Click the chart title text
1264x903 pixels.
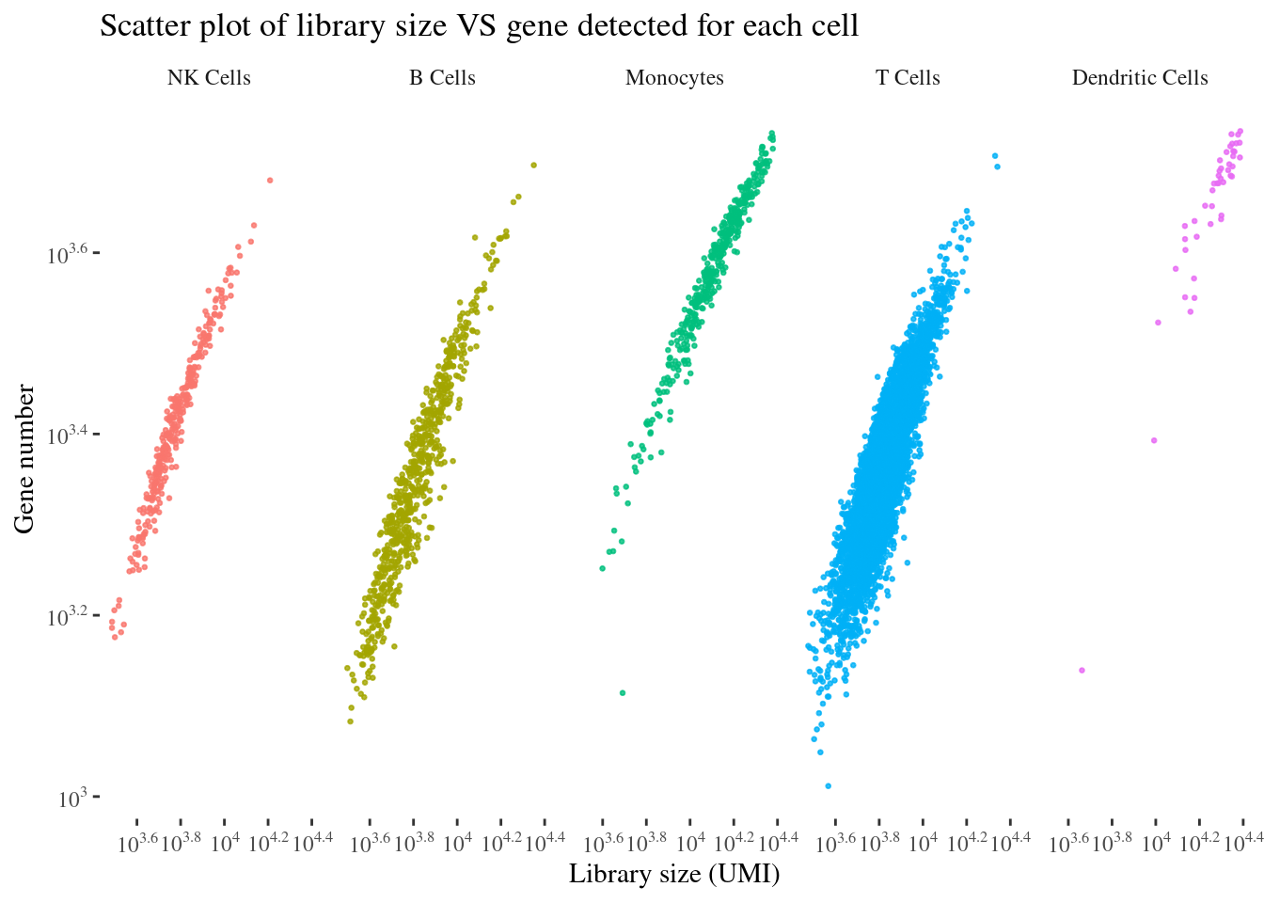[479, 26]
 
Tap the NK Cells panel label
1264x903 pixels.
[209, 78]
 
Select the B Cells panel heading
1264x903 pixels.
[442, 78]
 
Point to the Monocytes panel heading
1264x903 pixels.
[674, 78]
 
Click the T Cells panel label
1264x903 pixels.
[908, 78]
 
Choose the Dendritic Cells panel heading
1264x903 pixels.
[1140, 78]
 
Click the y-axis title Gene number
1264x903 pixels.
[25, 458]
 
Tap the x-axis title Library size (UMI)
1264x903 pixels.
[674, 875]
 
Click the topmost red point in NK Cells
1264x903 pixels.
[270, 180]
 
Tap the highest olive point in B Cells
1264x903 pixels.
[533, 165]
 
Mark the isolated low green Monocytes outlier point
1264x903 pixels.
[623, 693]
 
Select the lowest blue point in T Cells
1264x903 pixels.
[828, 785]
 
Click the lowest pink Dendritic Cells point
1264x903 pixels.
[1082, 670]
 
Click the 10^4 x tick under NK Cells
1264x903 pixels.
[225, 841]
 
